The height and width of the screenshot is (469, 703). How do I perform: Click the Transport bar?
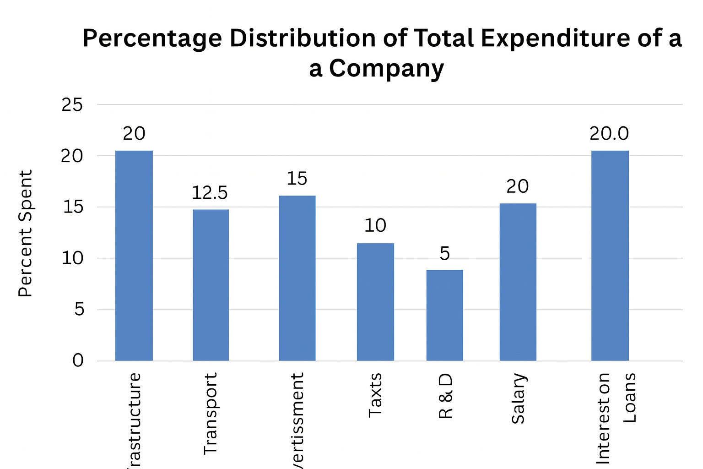click(x=211, y=285)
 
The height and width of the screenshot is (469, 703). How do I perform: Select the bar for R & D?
click(x=444, y=315)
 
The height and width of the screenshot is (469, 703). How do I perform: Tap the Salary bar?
click(x=518, y=282)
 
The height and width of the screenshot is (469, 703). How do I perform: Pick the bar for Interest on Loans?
click(x=610, y=256)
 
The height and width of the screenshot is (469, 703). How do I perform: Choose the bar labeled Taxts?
click(x=375, y=302)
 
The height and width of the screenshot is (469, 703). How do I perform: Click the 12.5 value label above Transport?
click(x=210, y=193)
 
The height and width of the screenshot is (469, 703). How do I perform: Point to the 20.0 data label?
click(x=609, y=133)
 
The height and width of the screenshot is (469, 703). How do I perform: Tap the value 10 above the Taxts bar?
click(x=375, y=225)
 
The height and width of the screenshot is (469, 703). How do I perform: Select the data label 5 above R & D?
click(x=444, y=253)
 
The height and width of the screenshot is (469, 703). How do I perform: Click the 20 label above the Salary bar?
click(x=518, y=186)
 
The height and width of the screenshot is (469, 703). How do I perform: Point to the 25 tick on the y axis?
click(x=72, y=105)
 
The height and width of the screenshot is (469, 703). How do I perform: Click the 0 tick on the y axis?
click(x=78, y=360)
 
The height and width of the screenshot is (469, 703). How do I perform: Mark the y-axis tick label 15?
click(x=72, y=207)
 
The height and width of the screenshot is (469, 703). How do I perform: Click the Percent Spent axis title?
click(x=26, y=233)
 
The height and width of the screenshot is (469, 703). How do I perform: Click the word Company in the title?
click(x=386, y=69)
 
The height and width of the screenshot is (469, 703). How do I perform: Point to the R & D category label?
click(x=445, y=396)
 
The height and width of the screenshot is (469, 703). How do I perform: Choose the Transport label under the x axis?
click(x=210, y=413)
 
